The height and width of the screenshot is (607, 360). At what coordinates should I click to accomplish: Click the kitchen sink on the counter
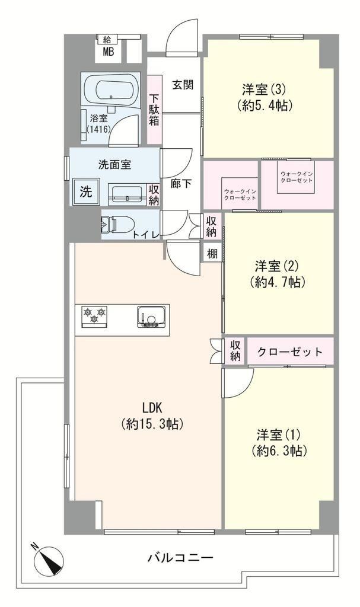pos(152,317)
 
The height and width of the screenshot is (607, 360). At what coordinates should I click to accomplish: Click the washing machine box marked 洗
pos(85,191)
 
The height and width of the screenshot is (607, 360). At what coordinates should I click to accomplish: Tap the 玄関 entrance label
pos(183,85)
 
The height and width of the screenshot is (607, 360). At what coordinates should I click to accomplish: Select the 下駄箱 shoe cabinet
pos(154,109)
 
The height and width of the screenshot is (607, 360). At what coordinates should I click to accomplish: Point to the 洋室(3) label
pos(264,90)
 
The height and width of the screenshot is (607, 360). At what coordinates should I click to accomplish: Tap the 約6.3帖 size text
pos(279,451)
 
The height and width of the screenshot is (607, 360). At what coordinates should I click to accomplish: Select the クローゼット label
pos(290,352)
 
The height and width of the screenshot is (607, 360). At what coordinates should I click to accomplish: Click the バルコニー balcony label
pos(180,558)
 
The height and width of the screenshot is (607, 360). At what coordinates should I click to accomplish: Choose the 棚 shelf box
pos(212,254)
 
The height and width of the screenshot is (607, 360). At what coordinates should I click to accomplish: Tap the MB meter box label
pos(108,52)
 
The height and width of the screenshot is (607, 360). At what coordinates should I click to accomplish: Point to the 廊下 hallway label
pos(181,184)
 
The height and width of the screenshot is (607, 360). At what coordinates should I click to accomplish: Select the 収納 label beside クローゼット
pos(235,351)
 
